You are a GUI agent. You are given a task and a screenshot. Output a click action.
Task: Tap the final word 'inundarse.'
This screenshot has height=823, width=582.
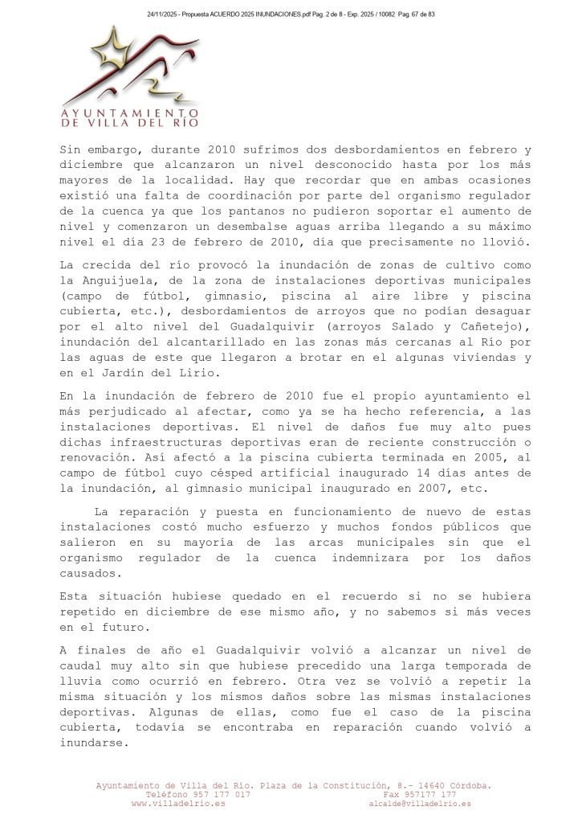tap(93, 743)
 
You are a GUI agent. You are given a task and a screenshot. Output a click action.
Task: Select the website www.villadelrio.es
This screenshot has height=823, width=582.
tap(177, 803)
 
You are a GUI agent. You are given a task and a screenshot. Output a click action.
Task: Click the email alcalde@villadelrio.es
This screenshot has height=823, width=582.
tap(420, 803)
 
